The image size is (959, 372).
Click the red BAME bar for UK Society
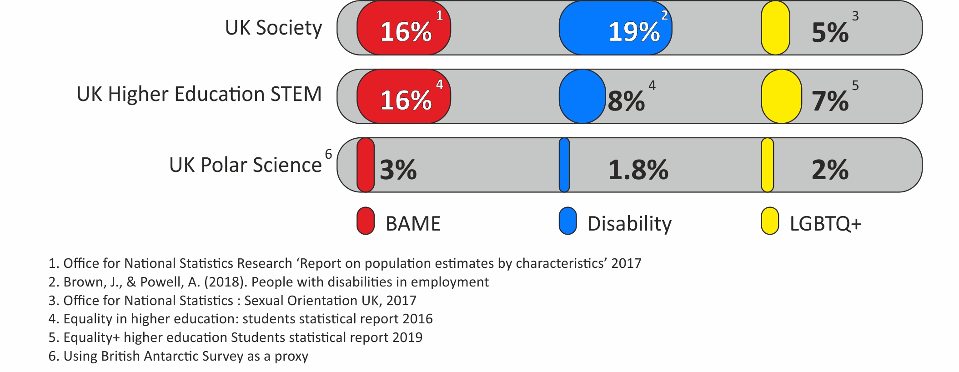(x=403, y=28)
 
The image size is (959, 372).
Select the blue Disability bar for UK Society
(x=615, y=28)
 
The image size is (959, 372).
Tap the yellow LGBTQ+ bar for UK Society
(x=775, y=28)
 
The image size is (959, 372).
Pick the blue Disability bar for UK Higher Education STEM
(x=582, y=96)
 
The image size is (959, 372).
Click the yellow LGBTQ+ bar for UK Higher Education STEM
(x=781, y=96)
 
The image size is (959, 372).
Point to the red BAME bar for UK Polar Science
(x=365, y=165)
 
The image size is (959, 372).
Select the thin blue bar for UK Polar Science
(x=564, y=165)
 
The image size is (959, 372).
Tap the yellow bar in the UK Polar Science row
(x=767, y=165)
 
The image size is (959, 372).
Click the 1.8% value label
(x=638, y=170)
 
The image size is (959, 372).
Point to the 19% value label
(x=634, y=32)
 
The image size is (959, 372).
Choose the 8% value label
(x=626, y=101)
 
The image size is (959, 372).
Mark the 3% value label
(x=398, y=170)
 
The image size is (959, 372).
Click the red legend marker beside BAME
(x=366, y=221)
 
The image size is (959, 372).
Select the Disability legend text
(x=629, y=224)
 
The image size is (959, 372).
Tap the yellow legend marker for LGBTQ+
(x=770, y=221)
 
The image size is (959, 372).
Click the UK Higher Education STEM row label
(x=199, y=94)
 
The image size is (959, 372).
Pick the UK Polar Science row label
(x=245, y=165)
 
